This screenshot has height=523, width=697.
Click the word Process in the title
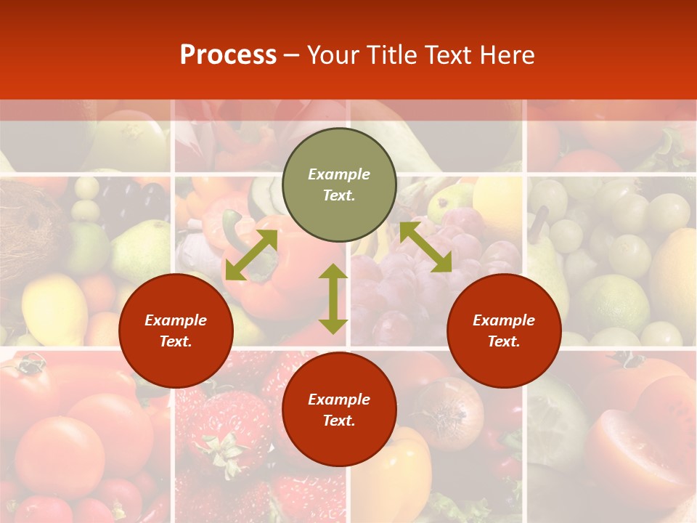228,55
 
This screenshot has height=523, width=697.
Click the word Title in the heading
393,55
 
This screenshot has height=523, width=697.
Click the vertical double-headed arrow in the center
333,299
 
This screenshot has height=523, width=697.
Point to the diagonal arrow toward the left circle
251,255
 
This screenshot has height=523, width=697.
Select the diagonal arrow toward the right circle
425,247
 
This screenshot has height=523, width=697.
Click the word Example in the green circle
339,174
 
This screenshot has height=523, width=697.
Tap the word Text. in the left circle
176,341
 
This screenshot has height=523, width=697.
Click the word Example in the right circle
504,320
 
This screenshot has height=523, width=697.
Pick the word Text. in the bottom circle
339,421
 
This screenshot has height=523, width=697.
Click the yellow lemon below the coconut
54,309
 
